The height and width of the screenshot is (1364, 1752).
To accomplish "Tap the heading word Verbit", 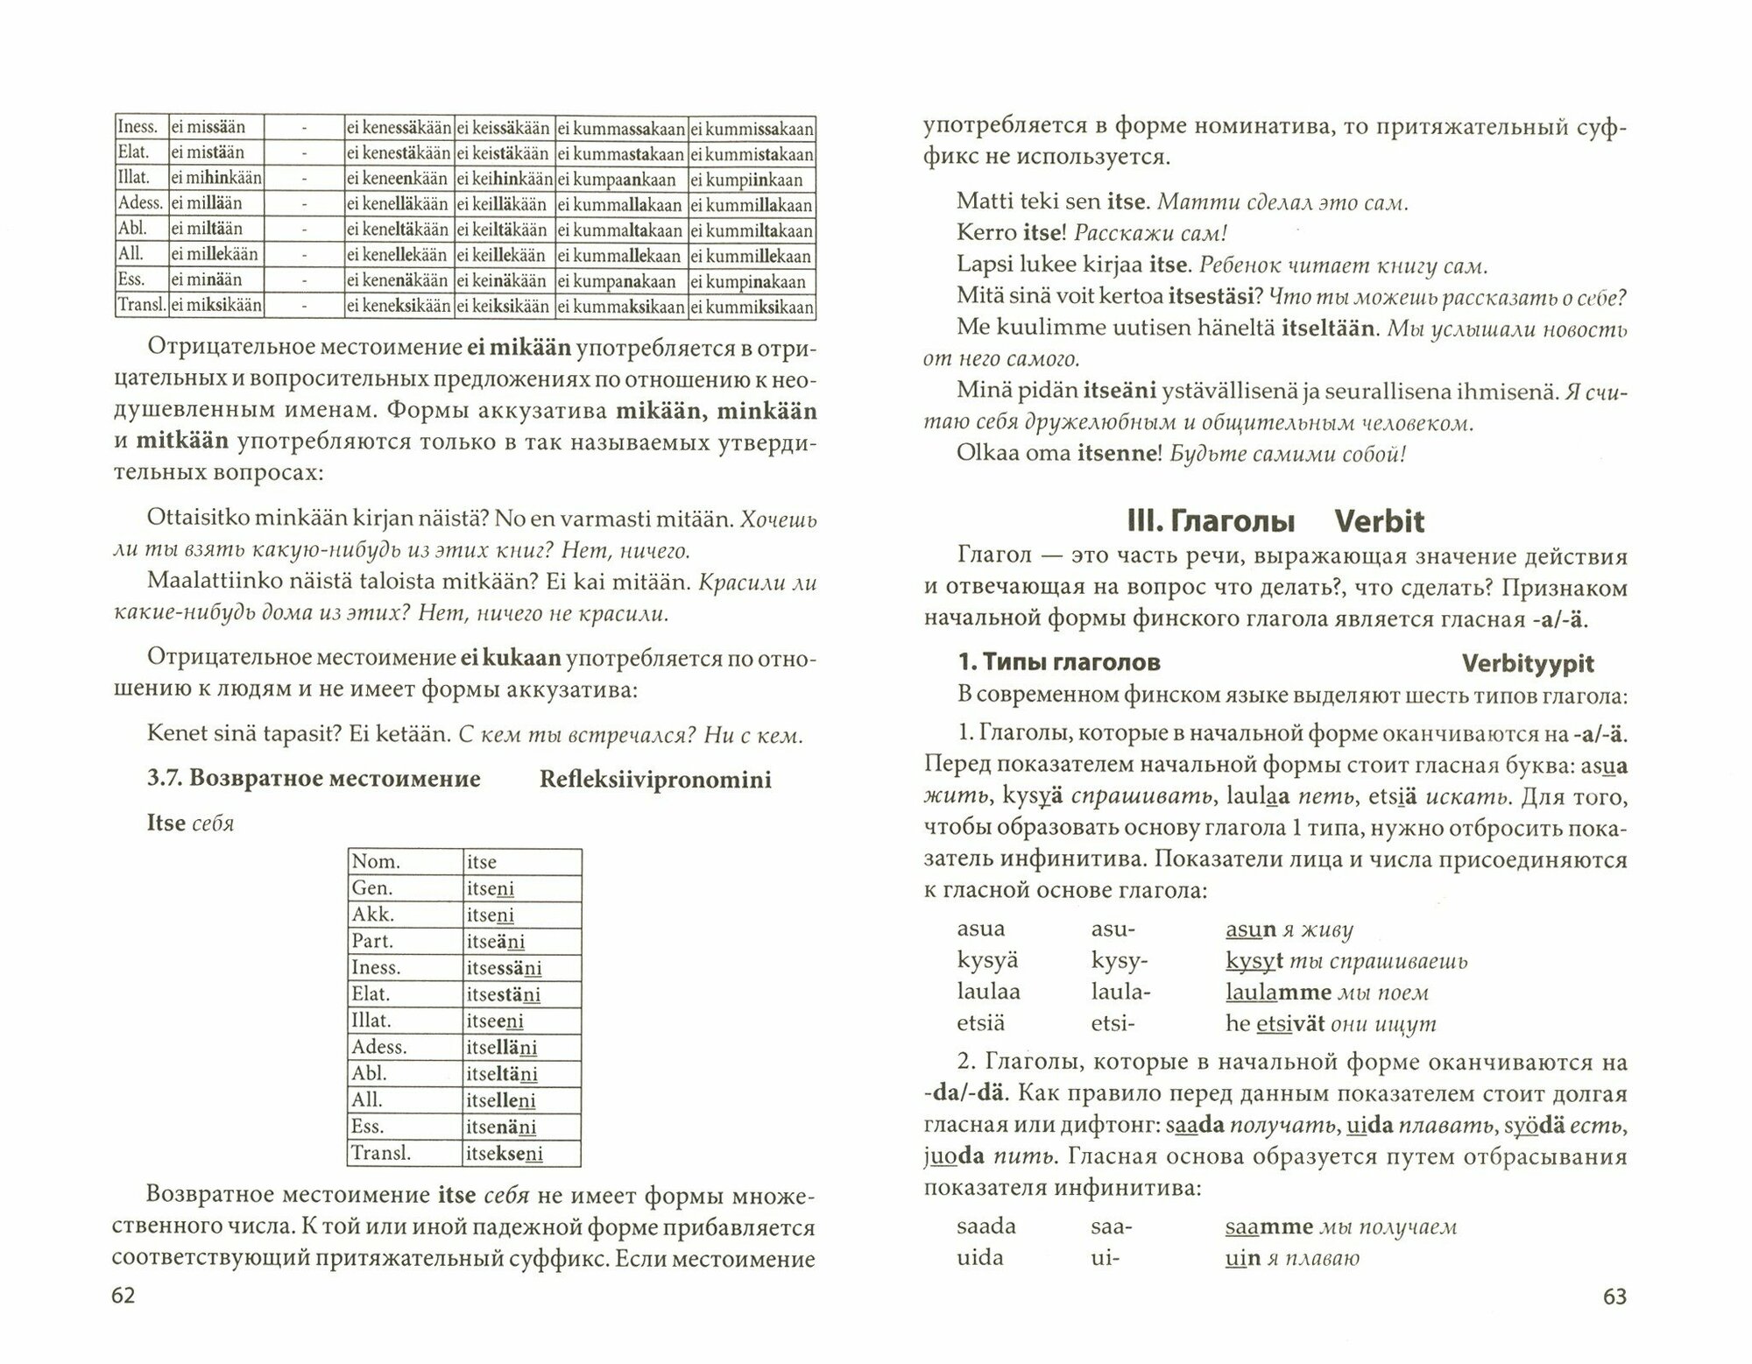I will click(x=1379, y=522).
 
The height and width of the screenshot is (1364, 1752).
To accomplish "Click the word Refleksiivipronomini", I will click(x=655, y=780).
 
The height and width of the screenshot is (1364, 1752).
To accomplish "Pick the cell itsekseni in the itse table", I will click(x=505, y=1154).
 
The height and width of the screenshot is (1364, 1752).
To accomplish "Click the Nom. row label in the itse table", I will click(x=376, y=862).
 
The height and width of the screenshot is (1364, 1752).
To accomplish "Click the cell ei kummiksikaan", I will click(x=752, y=307).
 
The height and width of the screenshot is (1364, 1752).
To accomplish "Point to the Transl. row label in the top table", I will click(x=140, y=306).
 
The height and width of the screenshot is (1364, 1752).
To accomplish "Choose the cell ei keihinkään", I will click(x=504, y=180).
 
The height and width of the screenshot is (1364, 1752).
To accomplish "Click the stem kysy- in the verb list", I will click(x=1119, y=961).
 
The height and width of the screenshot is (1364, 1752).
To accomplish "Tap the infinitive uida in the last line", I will click(x=980, y=1258).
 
